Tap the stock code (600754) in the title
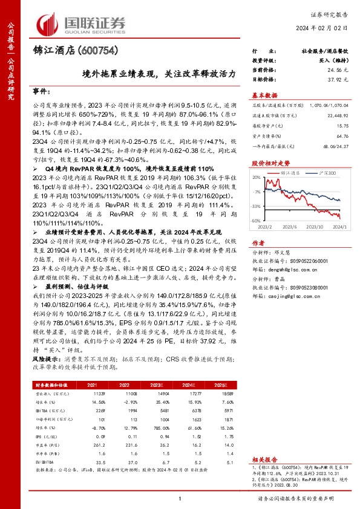pyautogui.click(x=96, y=51)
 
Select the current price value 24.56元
pyautogui.click(x=340, y=71)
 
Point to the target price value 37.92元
pyautogui.click(x=340, y=79)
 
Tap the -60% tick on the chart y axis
pyautogui.click(x=256, y=221)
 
